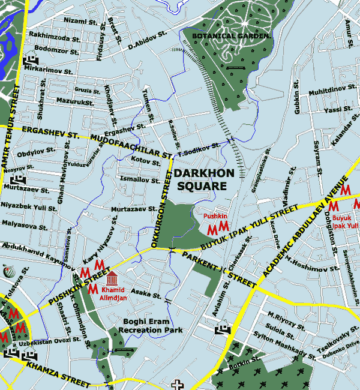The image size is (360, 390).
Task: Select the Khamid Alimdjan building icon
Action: click(112, 278)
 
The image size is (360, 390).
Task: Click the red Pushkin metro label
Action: click(214, 215)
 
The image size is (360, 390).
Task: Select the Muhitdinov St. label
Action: click(328, 92)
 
